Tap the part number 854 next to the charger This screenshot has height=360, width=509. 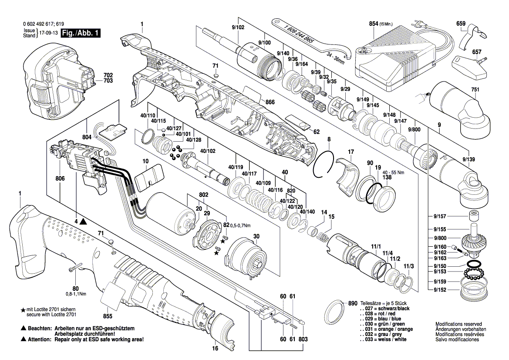click(373, 24)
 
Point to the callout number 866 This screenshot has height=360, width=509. click(270, 102)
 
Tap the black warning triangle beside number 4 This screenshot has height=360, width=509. click(83, 222)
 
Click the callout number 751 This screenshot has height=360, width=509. click(475, 90)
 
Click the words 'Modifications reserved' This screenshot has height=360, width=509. click(458, 324)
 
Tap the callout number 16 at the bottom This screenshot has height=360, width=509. click(215, 349)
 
